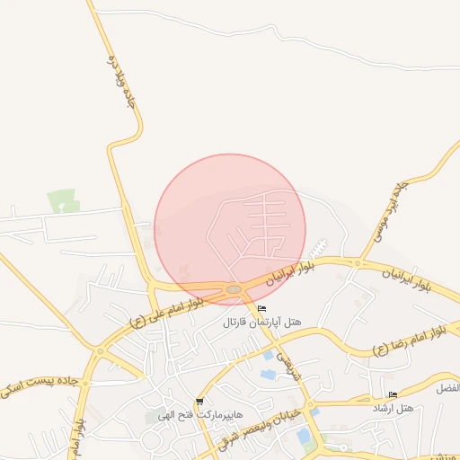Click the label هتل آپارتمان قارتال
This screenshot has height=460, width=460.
tap(261, 322)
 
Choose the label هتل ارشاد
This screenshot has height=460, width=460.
tap(393, 408)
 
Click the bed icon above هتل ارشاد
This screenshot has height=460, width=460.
tap(393, 395)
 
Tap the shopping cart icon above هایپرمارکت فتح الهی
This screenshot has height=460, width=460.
tap(199, 402)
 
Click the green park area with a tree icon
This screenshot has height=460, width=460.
tap(62, 201)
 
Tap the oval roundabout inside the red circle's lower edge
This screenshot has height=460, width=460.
tap(234, 288)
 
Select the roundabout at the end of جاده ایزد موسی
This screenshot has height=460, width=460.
tap(357, 263)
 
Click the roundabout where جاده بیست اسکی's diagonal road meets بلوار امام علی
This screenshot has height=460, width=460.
tap(95, 352)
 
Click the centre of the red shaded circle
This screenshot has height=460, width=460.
tap(230, 229)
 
